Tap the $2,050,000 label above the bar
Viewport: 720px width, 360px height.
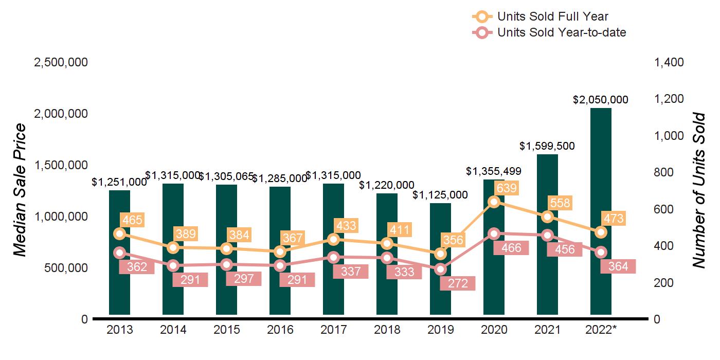(601, 100)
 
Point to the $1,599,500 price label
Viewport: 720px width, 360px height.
(547, 147)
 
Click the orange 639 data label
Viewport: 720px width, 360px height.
(507, 188)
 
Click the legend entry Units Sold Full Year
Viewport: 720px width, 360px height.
(552, 17)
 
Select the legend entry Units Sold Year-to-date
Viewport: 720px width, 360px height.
(561, 33)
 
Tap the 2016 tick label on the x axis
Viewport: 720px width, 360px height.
(280, 330)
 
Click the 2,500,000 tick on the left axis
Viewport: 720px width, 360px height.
(61, 62)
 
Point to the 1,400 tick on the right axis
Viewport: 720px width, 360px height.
(669, 62)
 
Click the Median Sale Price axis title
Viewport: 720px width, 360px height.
(20, 190)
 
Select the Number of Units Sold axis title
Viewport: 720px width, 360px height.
(698, 190)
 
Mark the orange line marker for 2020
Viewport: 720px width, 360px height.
(494, 202)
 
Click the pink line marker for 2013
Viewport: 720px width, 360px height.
(120, 253)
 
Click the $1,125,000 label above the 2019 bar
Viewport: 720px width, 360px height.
(440, 195)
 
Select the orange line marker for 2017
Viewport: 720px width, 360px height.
(334, 239)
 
